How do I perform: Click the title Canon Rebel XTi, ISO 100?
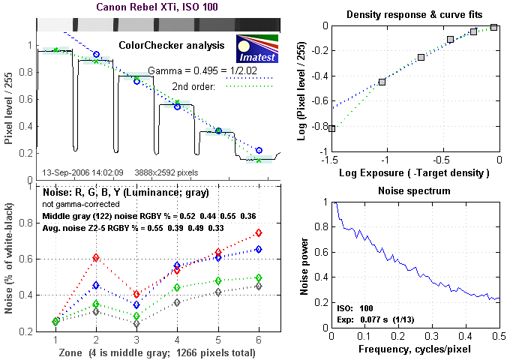point(158,8)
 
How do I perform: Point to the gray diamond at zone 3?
point(136,325)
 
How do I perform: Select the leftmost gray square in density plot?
point(331,128)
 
